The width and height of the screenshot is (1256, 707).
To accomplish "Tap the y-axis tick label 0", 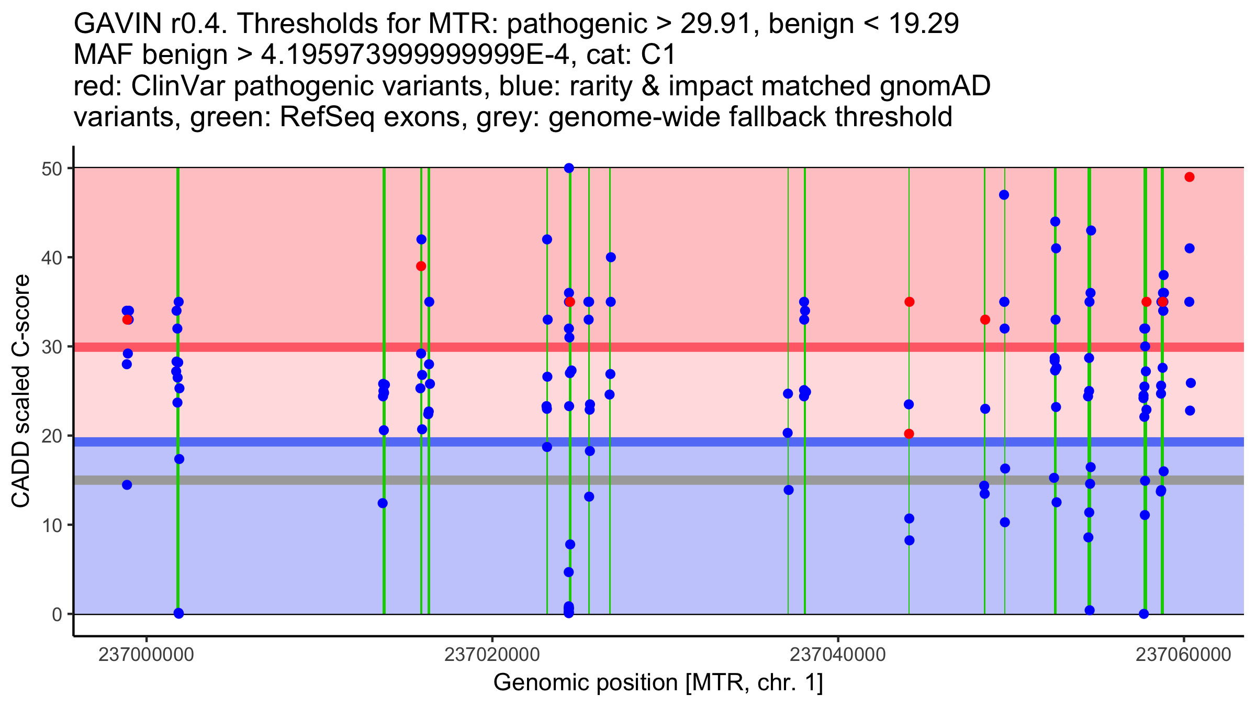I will [57, 614].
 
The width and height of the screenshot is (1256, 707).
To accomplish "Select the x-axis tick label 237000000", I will [146, 655].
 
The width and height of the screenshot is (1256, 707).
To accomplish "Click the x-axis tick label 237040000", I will [838, 655].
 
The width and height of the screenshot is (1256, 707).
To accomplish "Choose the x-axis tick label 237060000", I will [1183, 655].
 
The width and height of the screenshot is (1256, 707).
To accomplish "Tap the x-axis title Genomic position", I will [658, 683].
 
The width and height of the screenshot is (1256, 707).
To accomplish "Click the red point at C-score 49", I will [1190, 177].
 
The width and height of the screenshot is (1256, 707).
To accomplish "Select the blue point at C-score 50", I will [569, 168].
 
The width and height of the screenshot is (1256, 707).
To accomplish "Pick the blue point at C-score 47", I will [1004, 195].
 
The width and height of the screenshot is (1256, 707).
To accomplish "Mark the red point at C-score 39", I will [421, 266].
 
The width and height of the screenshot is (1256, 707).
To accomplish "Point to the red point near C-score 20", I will [909, 434].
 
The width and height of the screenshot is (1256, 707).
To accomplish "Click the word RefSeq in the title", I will [327, 117].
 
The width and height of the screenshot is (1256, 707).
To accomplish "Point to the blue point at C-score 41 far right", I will [1190, 248].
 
